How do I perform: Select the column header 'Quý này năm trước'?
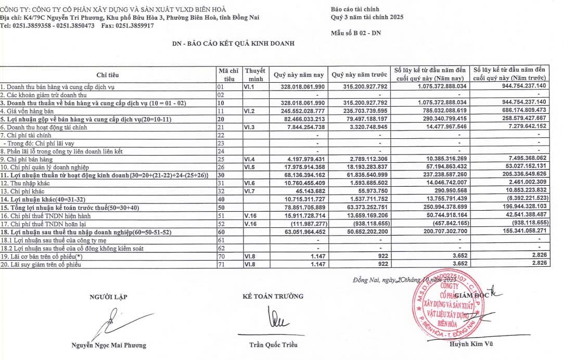pyautogui.click(x=360, y=74)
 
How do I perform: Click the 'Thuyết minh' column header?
pyautogui.click(x=255, y=74)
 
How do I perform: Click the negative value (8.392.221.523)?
pyautogui.click(x=520, y=199)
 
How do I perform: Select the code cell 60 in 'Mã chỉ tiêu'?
pyautogui.click(x=220, y=232)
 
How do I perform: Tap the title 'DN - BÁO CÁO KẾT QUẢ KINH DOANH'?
pyautogui.click(x=234, y=44)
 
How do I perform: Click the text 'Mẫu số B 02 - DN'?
pyautogui.click(x=356, y=33)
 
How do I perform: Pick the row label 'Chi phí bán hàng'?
pyautogui.click(x=27, y=159)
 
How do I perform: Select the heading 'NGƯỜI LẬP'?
pyautogui.click(x=108, y=297)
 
